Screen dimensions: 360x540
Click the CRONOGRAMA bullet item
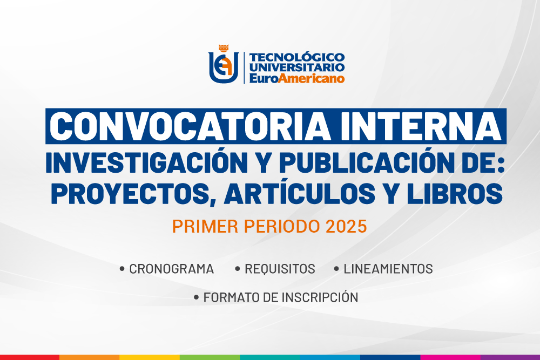point(171,269)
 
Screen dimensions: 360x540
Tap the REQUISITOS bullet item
point(280,269)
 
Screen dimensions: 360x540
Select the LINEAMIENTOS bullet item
point(388,269)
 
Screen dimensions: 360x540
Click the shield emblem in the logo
point(224,67)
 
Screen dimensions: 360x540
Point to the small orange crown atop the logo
point(224,48)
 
